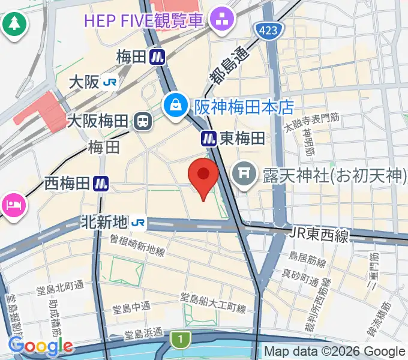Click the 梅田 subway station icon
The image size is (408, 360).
[x=158, y=58]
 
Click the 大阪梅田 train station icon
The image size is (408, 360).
[x=143, y=122]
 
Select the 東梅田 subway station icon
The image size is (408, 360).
[x=208, y=139]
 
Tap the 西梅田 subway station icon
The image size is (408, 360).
[x=101, y=184]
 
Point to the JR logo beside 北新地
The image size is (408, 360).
[x=139, y=223]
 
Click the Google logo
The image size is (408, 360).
[x=40, y=346]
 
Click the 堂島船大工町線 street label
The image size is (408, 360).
[x=213, y=304]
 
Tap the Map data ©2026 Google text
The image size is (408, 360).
[x=335, y=352]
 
